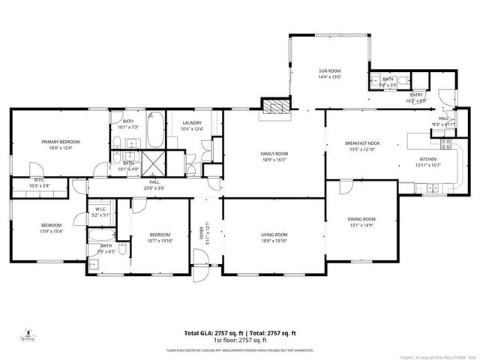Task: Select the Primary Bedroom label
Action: [x=60, y=142]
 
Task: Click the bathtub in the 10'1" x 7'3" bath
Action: [x=155, y=129]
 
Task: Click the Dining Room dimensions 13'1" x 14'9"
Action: [x=361, y=225]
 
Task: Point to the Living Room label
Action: [x=274, y=235]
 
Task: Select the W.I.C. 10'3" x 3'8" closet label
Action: [x=37, y=183]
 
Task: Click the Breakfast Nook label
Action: [x=362, y=142]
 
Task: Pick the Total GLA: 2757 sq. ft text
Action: [x=209, y=332]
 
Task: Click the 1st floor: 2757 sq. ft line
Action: [x=240, y=340]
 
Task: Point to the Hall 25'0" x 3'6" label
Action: [x=154, y=184]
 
